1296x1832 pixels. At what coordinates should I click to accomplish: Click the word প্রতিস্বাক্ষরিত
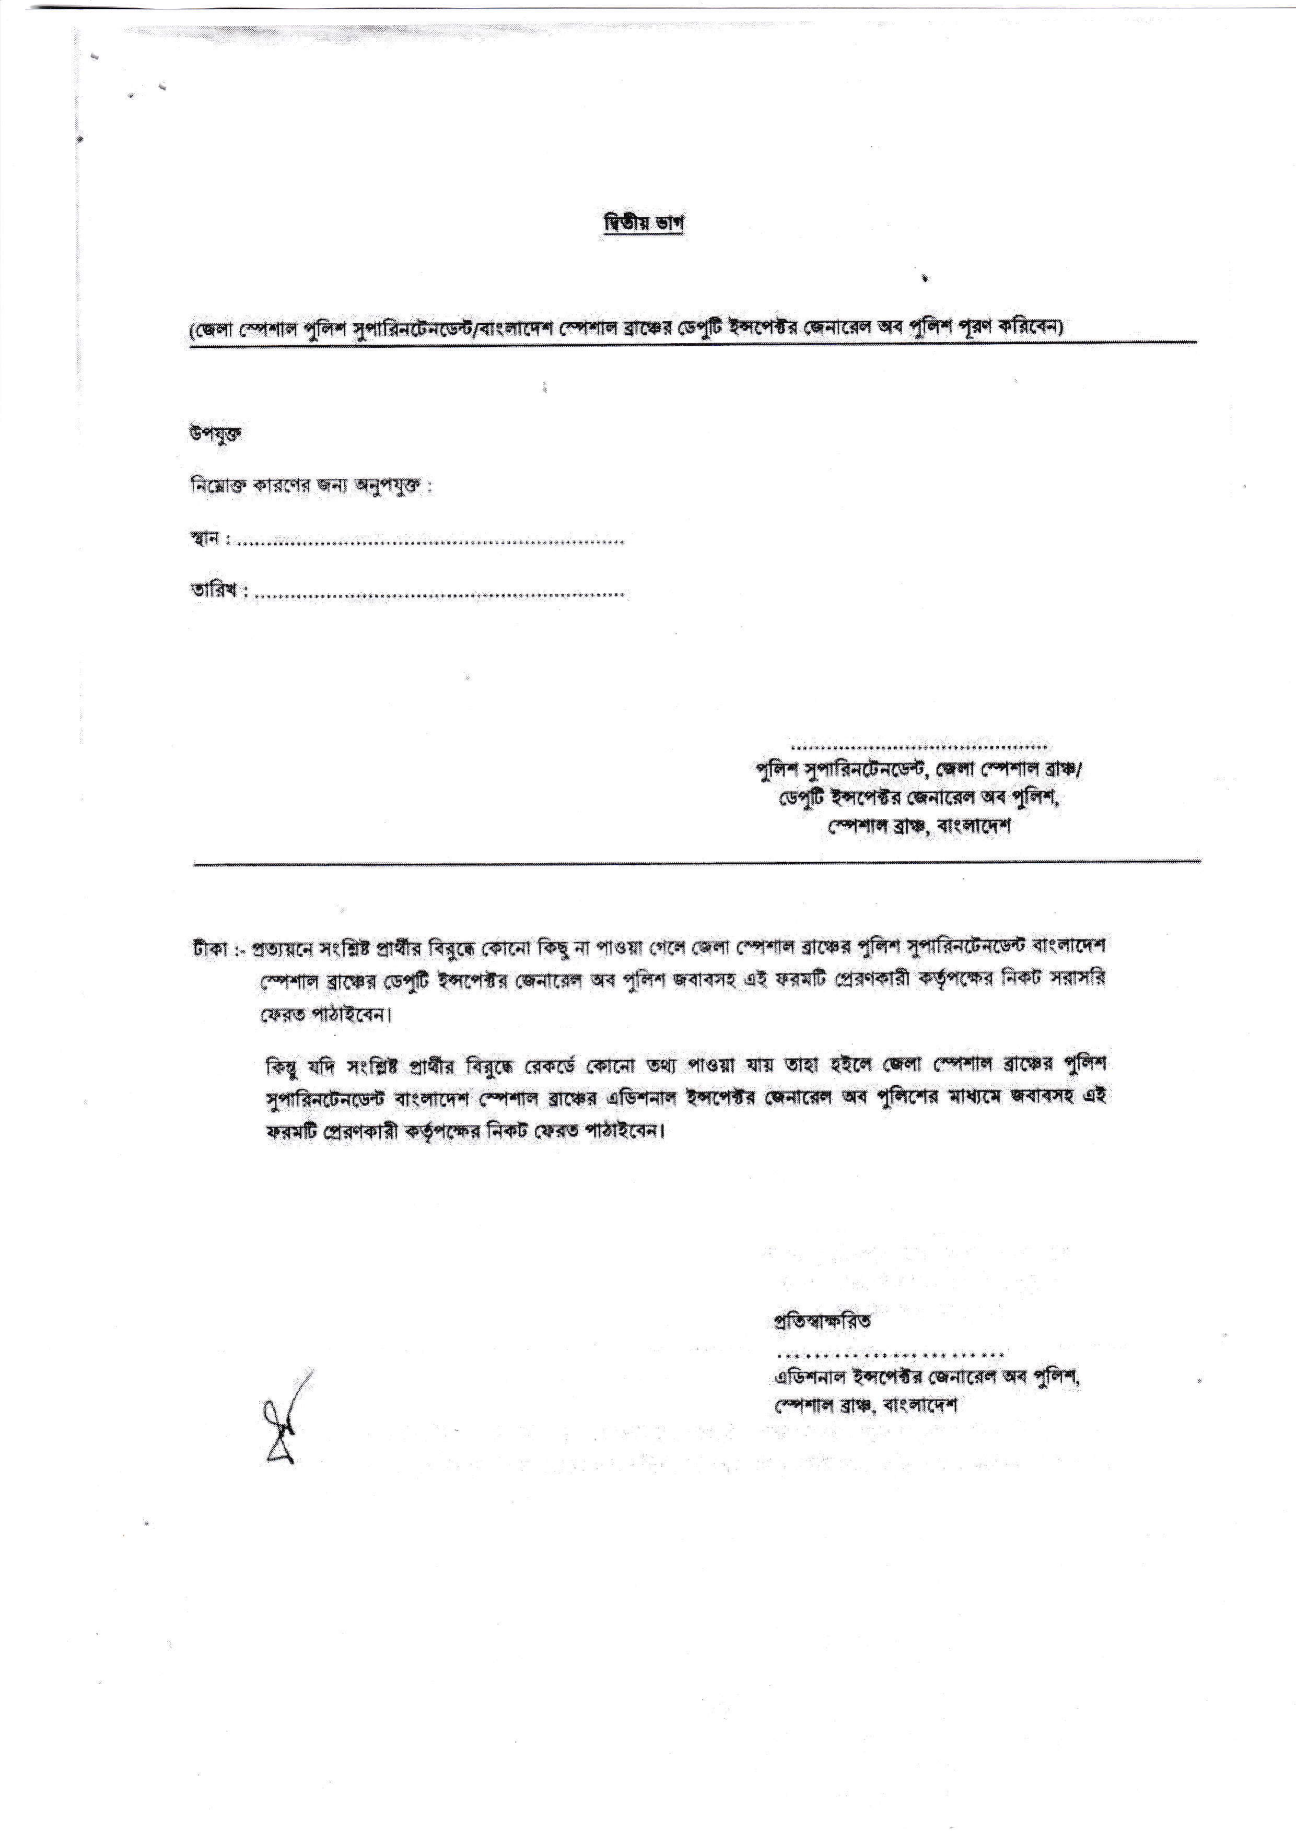[x=822, y=1321]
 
